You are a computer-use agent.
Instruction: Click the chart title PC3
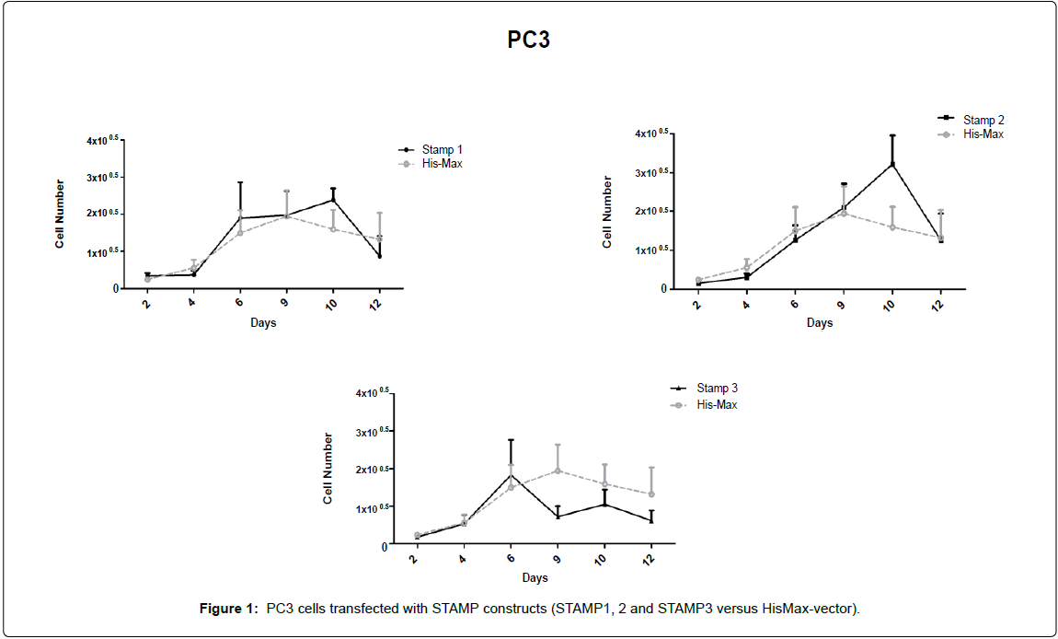pos(529,41)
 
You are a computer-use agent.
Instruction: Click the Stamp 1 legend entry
pos(442,150)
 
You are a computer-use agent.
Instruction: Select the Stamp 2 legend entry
pos(983,120)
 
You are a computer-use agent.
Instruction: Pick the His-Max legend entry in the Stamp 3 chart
pos(716,404)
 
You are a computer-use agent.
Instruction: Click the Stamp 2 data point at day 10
pos(892,165)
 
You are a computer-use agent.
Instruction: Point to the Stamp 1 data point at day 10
pos(332,200)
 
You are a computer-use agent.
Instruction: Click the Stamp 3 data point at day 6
pos(511,476)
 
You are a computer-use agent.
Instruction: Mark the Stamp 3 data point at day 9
pos(558,517)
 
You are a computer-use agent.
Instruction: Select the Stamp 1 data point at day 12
pos(379,256)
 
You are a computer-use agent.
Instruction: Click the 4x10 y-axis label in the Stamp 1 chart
pos(101,141)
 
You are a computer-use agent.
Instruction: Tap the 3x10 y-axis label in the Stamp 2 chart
pos(650,173)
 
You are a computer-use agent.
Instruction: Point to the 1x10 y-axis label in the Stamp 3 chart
pos(372,508)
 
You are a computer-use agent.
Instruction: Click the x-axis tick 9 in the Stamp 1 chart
pos(285,301)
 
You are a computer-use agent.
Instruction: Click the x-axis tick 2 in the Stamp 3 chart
pos(415,559)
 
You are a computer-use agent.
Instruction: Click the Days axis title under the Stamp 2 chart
pos(820,323)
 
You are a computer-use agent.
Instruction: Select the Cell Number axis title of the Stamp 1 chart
pos(61,214)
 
